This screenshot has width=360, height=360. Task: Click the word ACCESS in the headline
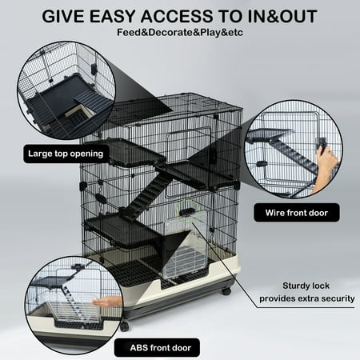(177, 16)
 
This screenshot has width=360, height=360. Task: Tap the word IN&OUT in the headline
(282, 16)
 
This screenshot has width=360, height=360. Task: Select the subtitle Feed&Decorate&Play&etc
(180, 33)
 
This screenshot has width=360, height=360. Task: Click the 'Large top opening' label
(66, 154)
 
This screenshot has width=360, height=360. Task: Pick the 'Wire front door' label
(297, 213)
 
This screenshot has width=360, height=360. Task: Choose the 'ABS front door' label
(157, 348)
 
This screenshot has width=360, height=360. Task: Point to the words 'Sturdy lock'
(306, 286)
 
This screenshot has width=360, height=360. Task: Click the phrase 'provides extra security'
(307, 298)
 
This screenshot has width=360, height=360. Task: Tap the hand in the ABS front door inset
(107, 302)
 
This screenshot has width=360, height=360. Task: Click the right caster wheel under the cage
(226, 290)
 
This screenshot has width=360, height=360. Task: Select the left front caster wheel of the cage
(124, 326)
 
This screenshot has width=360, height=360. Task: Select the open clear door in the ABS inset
(74, 313)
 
